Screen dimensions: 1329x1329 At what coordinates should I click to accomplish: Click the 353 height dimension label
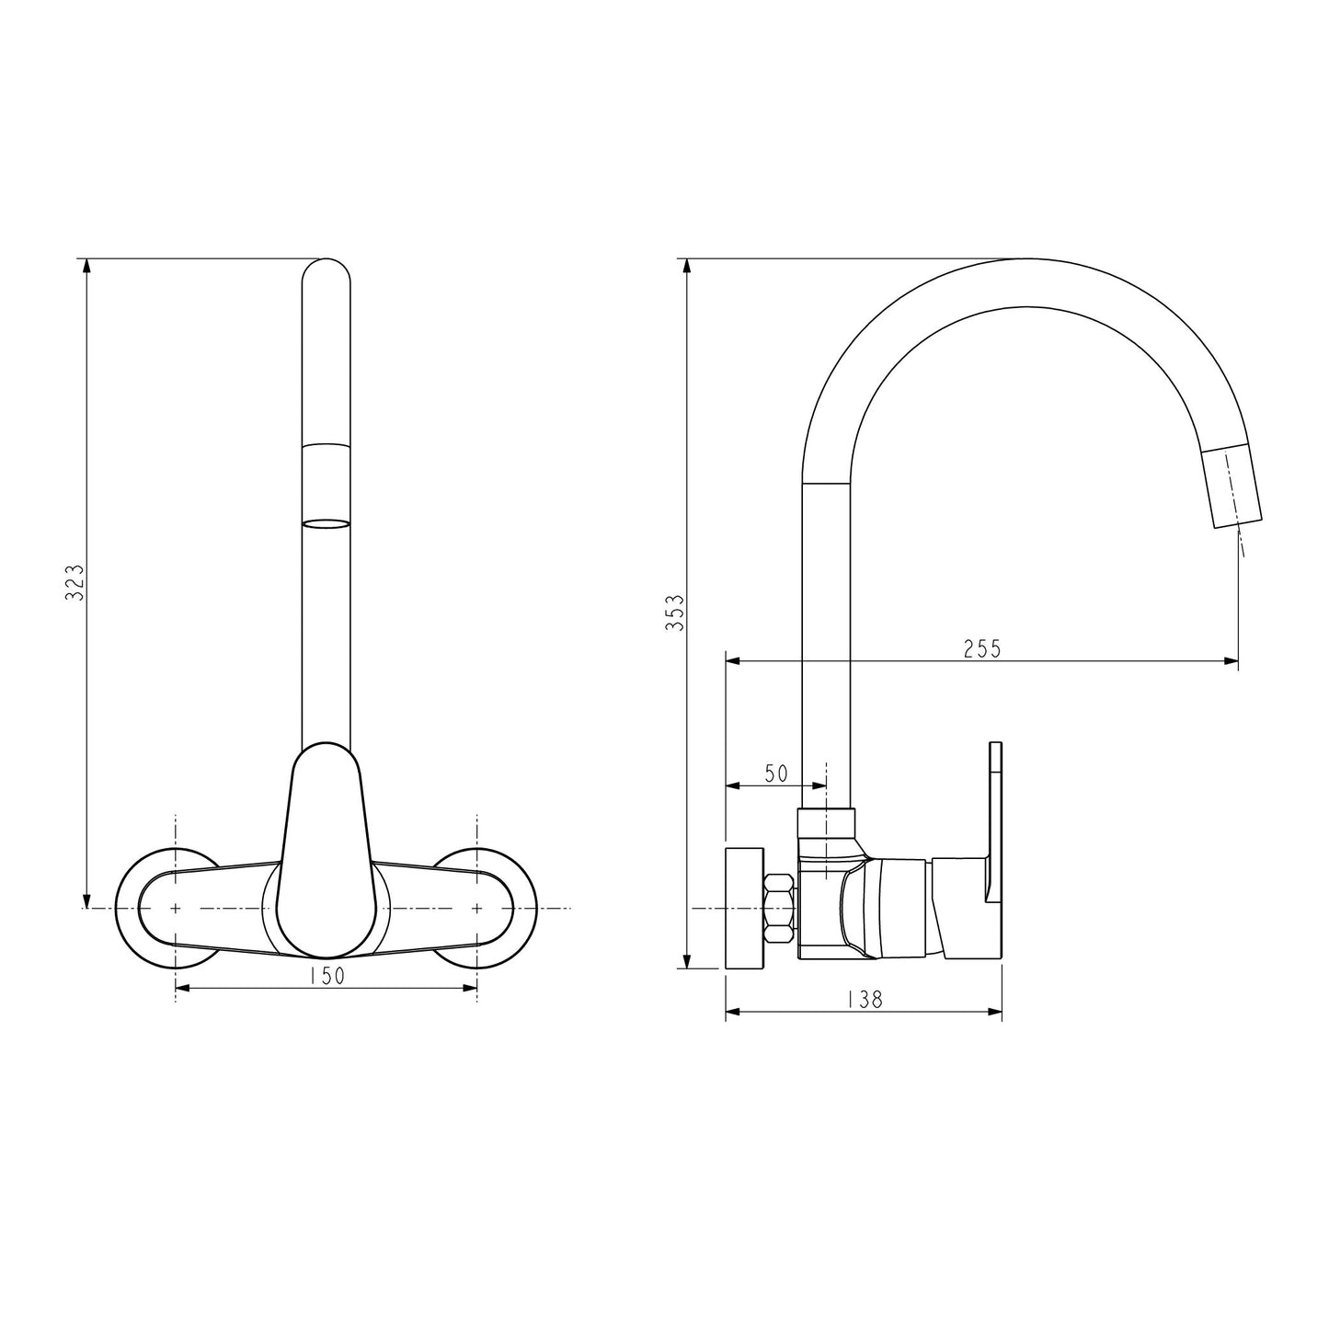click(674, 612)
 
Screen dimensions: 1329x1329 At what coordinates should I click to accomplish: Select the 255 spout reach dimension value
click(981, 648)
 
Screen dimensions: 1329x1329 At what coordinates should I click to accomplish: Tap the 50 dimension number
click(776, 773)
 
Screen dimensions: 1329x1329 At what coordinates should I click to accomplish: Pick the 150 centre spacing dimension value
click(326, 976)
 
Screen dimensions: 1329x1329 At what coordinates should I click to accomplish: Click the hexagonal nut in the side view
click(780, 909)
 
